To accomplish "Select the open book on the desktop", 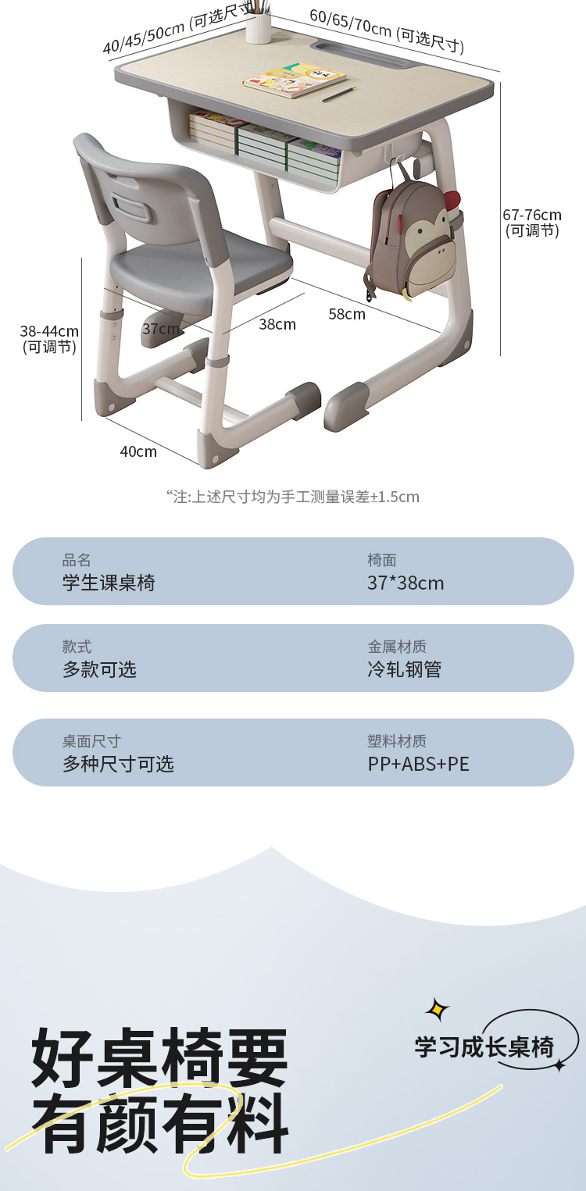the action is pyautogui.click(x=295, y=81).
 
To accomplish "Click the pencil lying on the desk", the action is pyautogui.click(x=339, y=94).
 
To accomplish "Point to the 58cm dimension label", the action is pyautogui.click(x=347, y=314).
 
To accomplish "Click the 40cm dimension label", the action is pyautogui.click(x=138, y=451).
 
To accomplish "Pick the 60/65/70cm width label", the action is pyautogui.click(x=387, y=30).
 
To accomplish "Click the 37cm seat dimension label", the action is pyautogui.click(x=161, y=329).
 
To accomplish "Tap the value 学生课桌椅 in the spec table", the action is pyautogui.click(x=109, y=583).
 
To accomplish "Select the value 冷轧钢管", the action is pyautogui.click(x=405, y=669).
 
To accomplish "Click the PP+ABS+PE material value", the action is pyautogui.click(x=419, y=764).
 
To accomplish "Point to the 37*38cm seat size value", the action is pyautogui.click(x=406, y=583).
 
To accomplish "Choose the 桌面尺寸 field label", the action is pyautogui.click(x=91, y=741).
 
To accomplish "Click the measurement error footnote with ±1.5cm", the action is pyautogui.click(x=293, y=497).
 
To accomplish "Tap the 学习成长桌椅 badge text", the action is pyautogui.click(x=484, y=1047).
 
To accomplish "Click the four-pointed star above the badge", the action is pyautogui.click(x=438, y=1009).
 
